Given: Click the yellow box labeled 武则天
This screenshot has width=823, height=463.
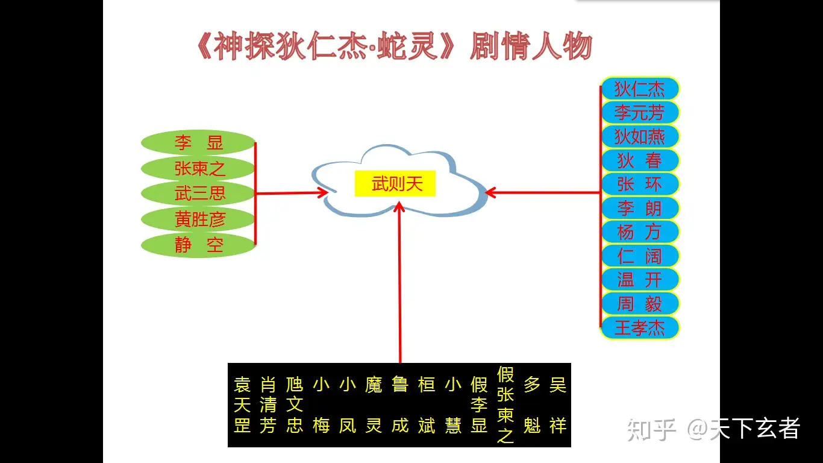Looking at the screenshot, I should click(x=395, y=183).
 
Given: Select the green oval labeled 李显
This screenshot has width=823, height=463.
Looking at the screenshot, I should click(x=198, y=143).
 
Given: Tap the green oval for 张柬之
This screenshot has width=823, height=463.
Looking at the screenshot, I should click(x=198, y=168).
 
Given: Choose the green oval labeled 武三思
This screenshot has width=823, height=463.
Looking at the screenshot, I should click(x=198, y=194).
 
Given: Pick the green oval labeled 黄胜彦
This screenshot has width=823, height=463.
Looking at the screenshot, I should click(x=198, y=219).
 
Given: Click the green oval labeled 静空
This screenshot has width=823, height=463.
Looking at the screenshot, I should click(x=198, y=245).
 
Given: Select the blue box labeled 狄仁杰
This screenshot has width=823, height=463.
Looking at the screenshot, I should click(x=640, y=89).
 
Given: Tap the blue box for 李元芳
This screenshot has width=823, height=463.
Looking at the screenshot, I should click(x=640, y=113).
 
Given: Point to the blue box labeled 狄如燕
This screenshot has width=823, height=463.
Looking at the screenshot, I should click(x=640, y=137).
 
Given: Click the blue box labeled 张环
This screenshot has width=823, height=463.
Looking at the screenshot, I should click(x=640, y=184).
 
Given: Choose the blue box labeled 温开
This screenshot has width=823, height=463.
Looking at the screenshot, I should click(x=640, y=280).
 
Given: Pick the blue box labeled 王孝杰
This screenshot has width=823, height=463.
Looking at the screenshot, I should click(x=640, y=328).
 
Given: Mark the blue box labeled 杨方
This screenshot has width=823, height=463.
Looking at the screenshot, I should click(x=640, y=232).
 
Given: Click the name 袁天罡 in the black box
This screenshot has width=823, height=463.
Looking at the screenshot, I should click(x=242, y=405).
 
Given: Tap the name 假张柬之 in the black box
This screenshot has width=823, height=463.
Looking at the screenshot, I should click(x=505, y=405).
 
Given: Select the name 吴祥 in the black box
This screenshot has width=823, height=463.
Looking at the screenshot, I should click(x=558, y=405).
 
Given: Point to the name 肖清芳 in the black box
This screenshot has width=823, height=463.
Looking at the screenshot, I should click(x=268, y=405).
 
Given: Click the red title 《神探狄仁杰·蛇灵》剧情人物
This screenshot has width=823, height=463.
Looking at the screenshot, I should click(x=395, y=47).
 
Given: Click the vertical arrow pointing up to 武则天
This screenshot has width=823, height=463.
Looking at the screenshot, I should click(x=400, y=283).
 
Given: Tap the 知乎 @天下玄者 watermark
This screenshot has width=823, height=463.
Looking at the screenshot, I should click(x=713, y=429).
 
